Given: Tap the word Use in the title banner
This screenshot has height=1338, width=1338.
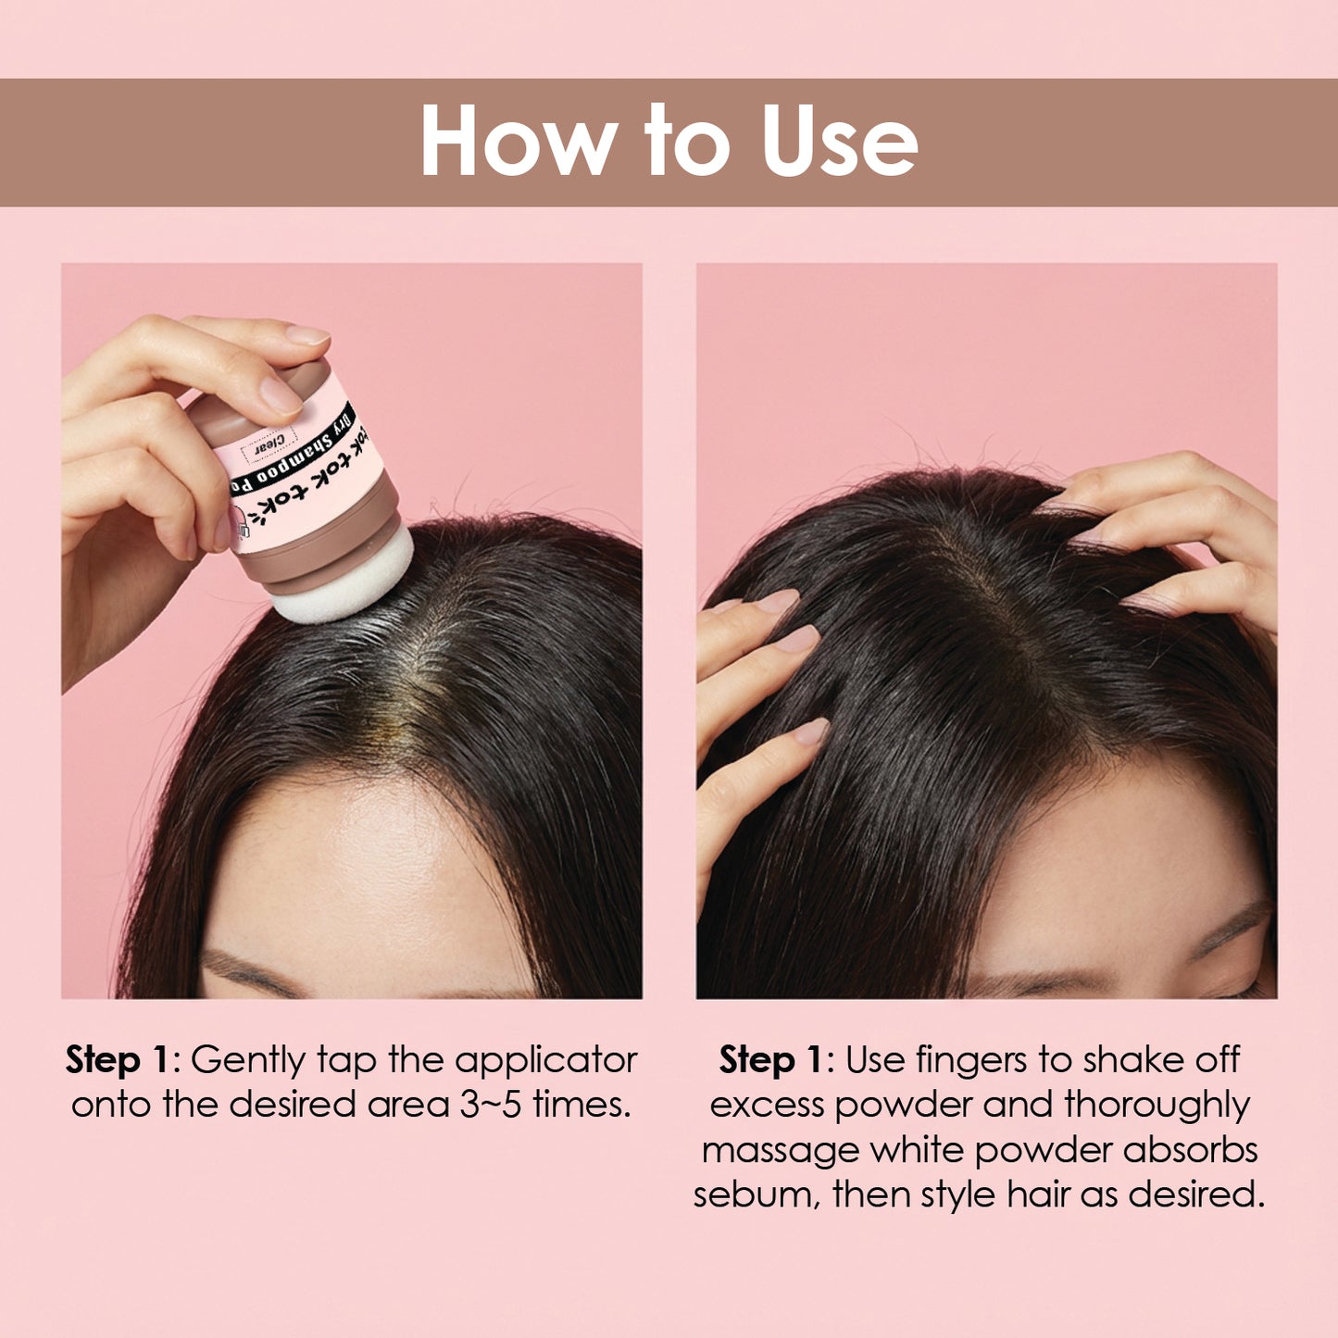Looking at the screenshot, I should pyautogui.click(x=839, y=141).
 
